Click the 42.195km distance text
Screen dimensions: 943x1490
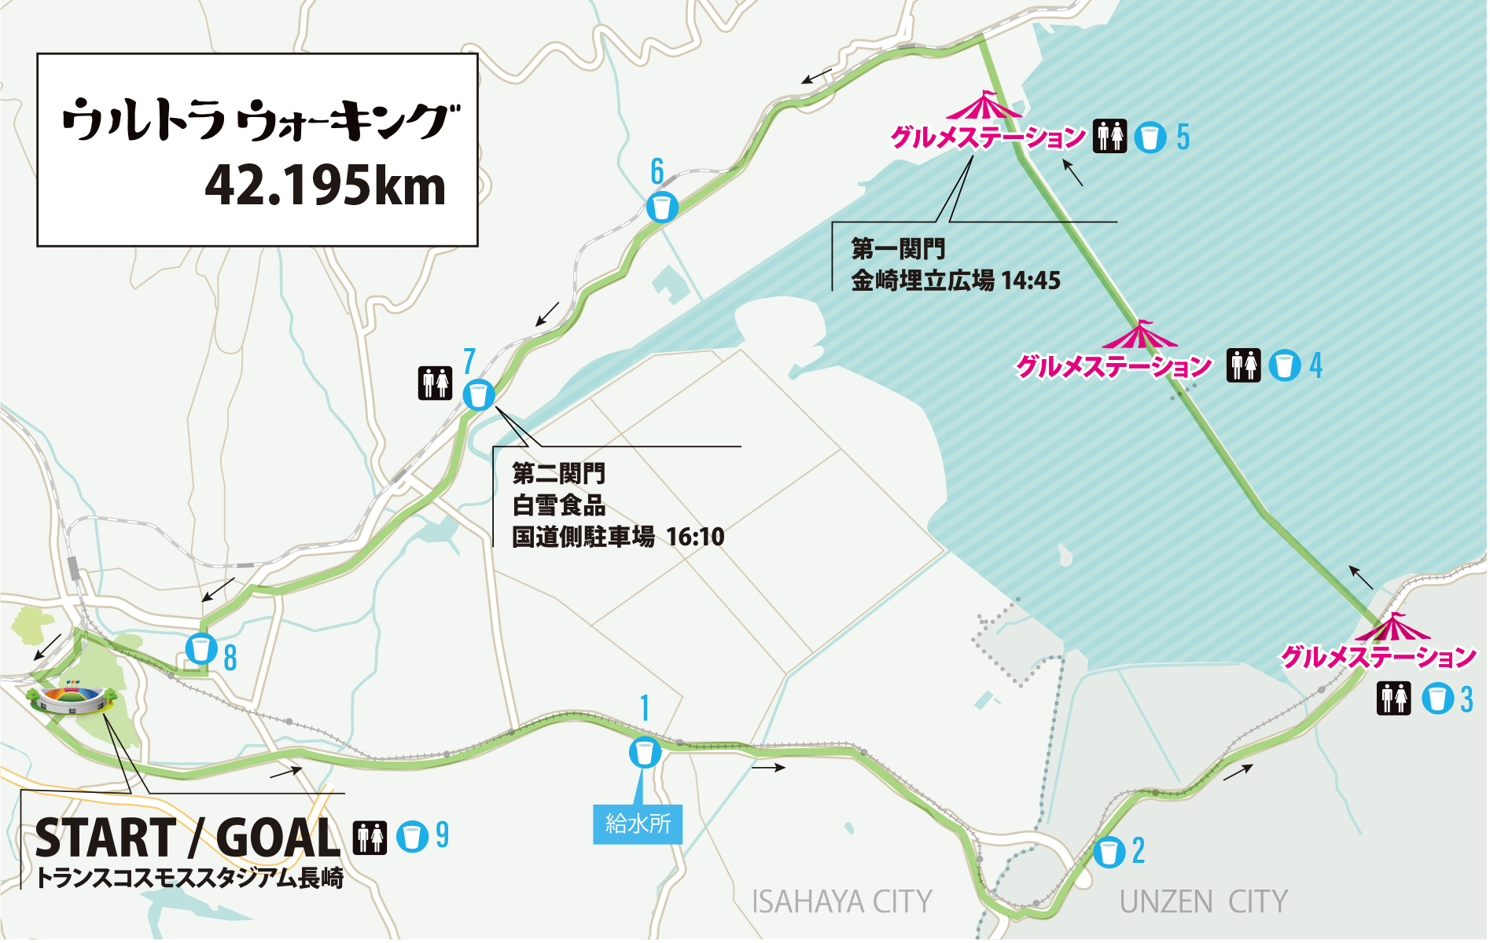(325, 187)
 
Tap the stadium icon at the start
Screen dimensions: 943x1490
(69, 699)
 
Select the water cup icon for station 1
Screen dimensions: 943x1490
(645, 753)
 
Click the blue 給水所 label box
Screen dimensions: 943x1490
(638, 824)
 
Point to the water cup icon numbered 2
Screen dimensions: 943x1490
(1109, 852)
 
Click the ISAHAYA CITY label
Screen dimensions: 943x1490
(841, 902)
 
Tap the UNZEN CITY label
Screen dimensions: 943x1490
(1203, 902)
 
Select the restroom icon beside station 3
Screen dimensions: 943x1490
(1394, 699)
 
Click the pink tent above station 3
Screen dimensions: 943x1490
(1393, 629)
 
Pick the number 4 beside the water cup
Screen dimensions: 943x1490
(1315, 365)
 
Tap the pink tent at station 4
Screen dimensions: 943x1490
(1139, 336)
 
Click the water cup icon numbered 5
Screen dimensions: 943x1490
(1150, 137)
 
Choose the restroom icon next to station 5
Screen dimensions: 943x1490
(1109, 137)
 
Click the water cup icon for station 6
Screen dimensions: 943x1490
(662, 207)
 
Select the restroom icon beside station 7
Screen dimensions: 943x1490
(435, 383)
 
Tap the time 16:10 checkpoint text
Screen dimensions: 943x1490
(695, 537)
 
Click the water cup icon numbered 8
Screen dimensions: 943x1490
(201, 650)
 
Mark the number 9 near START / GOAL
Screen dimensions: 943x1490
(442, 835)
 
